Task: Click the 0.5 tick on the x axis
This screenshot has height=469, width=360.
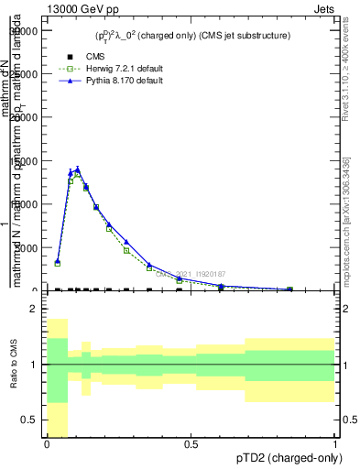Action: pos(191,444)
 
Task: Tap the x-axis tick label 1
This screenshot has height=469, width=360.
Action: pos(334,444)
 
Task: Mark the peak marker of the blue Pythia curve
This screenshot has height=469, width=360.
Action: pos(77,169)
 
